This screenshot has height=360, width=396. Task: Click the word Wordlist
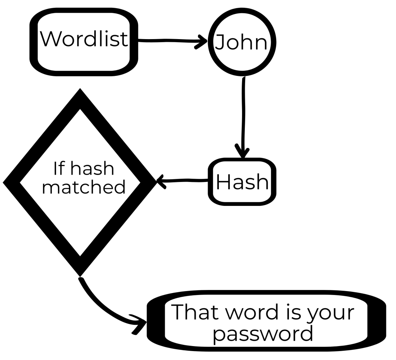coord(84,39)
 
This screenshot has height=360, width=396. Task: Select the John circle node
coord(242,43)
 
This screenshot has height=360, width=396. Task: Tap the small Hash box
coord(242,182)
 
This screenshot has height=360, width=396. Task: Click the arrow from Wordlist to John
coord(170,40)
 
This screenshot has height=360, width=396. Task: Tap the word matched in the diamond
coord(84,187)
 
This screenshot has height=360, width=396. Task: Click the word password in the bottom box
coord(263,333)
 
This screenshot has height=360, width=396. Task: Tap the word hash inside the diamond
coord(93,168)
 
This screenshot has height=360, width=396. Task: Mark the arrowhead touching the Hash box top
coord(243,152)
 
